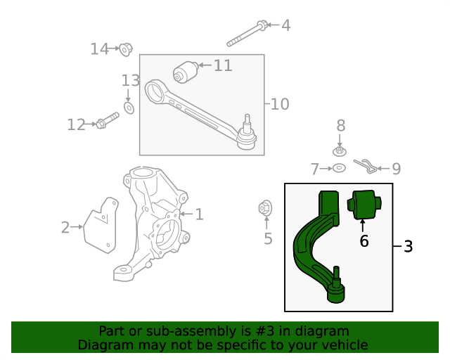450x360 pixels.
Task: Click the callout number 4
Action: click(x=285, y=25)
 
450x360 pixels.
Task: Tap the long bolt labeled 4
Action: click(x=246, y=34)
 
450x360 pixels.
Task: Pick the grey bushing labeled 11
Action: click(x=186, y=72)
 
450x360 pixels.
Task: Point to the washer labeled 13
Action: click(x=129, y=108)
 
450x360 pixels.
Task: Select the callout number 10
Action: click(x=279, y=104)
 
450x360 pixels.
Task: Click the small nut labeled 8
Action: click(x=340, y=150)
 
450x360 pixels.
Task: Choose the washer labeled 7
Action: click(x=338, y=168)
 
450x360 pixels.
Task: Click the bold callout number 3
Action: click(x=408, y=247)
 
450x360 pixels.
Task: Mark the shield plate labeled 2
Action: click(x=100, y=224)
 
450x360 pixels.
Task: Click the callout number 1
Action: click(x=199, y=214)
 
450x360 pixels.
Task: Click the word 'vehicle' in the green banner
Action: click(x=342, y=345)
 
